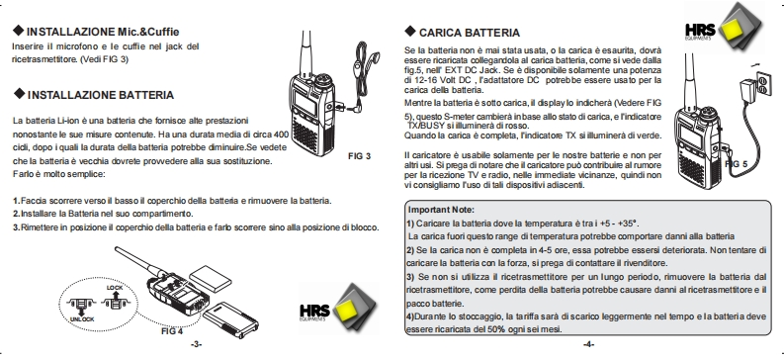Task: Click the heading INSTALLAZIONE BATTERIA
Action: point(101,95)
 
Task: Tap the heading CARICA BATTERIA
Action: point(470,33)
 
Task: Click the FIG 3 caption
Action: point(360,156)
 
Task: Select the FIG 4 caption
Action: point(172,331)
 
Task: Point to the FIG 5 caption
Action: point(737,164)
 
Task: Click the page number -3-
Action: point(197,344)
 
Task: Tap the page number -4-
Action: point(588,344)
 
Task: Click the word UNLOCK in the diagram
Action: point(81,319)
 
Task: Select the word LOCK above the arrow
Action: point(115,288)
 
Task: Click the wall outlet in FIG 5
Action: point(762,82)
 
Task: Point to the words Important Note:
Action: point(441,210)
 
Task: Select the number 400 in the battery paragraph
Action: point(282,134)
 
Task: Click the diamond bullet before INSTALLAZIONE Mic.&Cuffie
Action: point(19,31)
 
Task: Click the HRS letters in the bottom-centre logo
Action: point(314,310)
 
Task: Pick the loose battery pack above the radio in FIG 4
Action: point(211,279)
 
